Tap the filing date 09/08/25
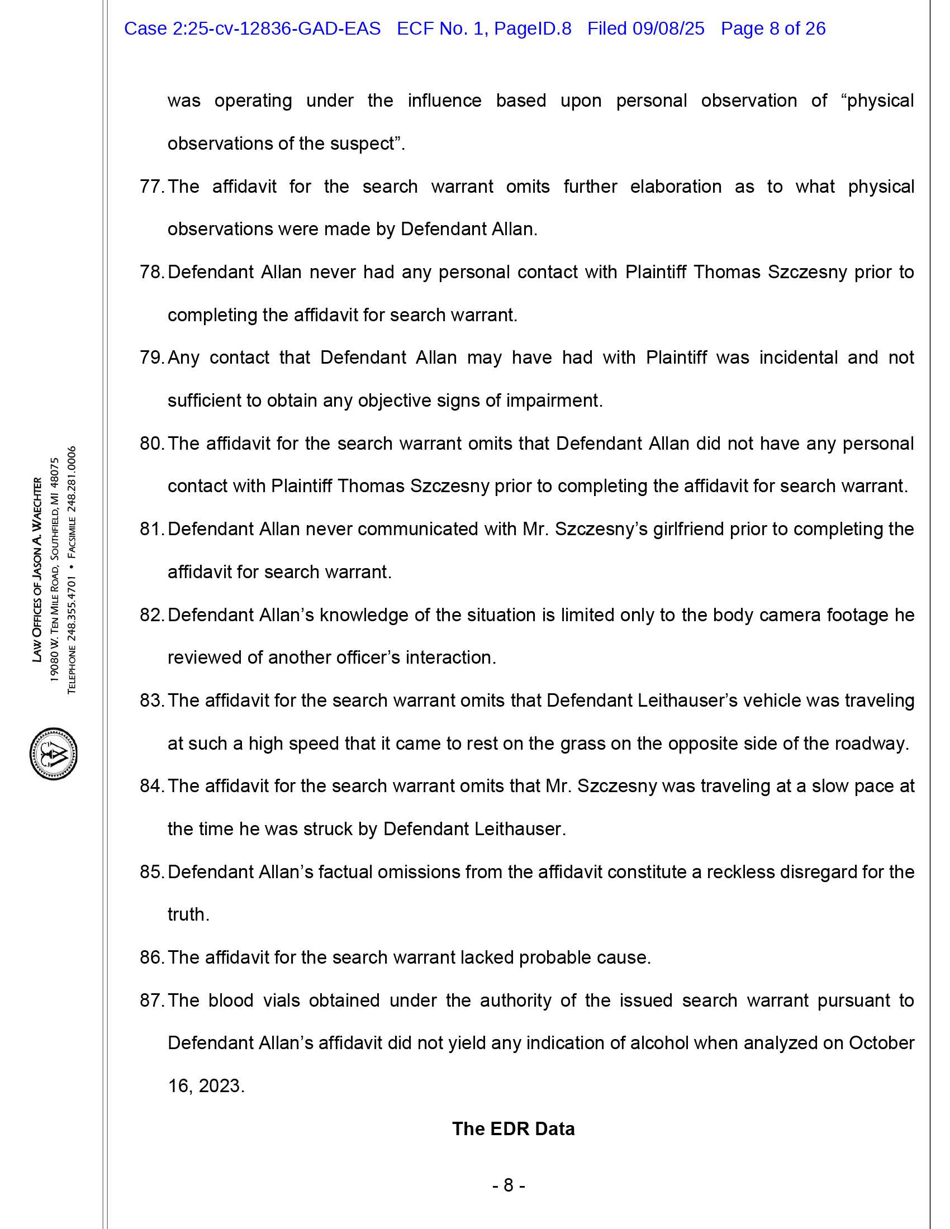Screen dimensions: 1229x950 pyautogui.click(x=668, y=28)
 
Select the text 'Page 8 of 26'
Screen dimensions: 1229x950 pyautogui.click(x=773, y=28)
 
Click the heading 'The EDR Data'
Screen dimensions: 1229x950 pyautogui.click(x=512, y=1129)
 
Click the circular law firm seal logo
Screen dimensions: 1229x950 pyautogui.click(x=54, y=754)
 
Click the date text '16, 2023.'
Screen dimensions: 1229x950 pyautogui.click(x=206, y=1085)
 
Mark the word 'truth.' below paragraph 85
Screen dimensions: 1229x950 pyautogui.click(x=188, y=914)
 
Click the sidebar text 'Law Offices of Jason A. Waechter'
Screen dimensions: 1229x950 pyautogui.click(x=37, y=569)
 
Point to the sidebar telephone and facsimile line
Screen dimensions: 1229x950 pyautogui.click(x=72, y=569)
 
